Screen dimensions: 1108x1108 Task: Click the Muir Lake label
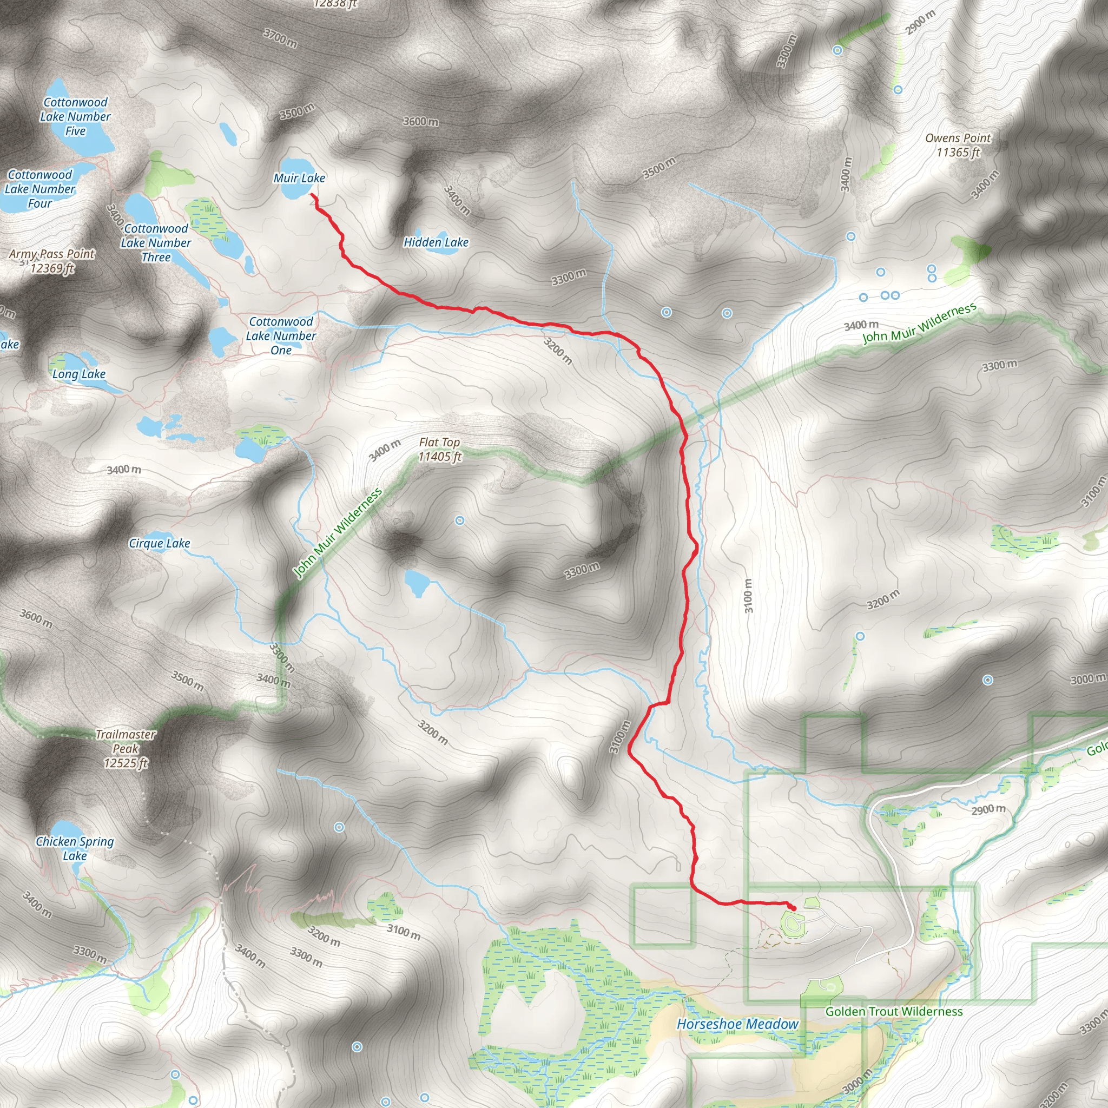pyautogui.click(x=299, y=178)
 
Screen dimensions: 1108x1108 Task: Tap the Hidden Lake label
pyautogui.click(x=436, y=242)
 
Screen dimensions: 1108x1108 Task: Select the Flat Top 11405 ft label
pyautogui.click(x=439, y=450)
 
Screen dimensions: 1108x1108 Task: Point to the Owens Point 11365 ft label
pyautogui.click(x=958, y=145)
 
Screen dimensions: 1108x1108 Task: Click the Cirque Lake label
pyautogui.click(x=160, y=543)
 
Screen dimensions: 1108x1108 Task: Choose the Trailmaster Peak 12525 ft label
pyautogui.click(x=126, y=748)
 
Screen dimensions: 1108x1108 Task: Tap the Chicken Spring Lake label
pyautogui.click(x=75, y=848)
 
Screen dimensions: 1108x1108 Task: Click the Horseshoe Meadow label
pyautogui.click(x=737, y=1024)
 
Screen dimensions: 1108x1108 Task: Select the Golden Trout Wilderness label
pyautogui.click(x=894, y=1011)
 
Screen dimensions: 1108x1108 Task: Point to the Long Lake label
pyautogui.click(x=78, y=374)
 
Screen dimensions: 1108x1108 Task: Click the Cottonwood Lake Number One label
pyautogui.click(x=281, y=336)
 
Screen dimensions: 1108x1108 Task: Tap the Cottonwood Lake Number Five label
pyautogui.click(x=75, y=116)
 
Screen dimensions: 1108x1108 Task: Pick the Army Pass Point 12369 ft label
pyautogui.click(x=52, y=261)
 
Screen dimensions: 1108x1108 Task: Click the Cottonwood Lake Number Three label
pyautogui.click(x=156, y=242)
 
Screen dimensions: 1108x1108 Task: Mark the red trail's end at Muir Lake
pyautogui.click(x=312, y=194)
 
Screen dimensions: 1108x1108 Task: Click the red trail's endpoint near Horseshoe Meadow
pyautogui.click(x=794, y=908)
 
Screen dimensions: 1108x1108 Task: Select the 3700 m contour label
pyautogui.click(x=280, y=38)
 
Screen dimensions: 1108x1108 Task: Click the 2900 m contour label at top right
pyautogui.click(x=921, y=22)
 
